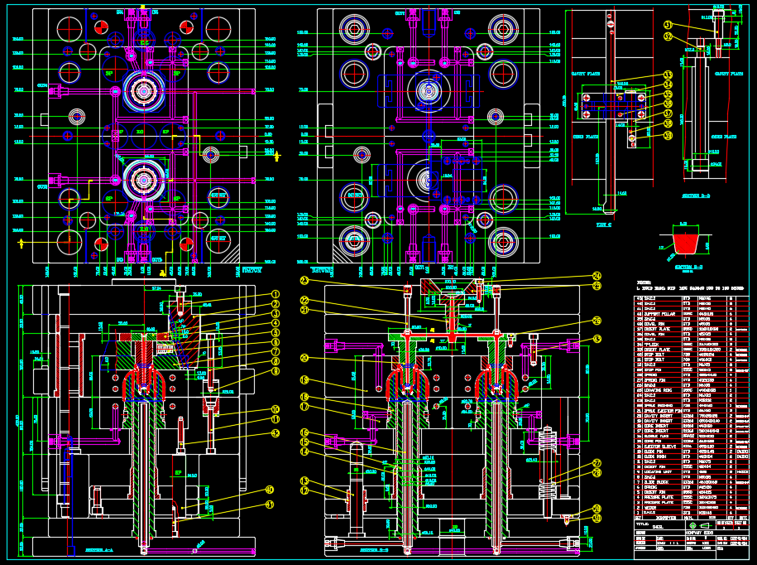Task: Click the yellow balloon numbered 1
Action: pos(275,294)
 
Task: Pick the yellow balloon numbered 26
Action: pos(596,321)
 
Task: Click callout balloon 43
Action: pos(596,339)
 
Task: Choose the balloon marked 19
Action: pos(304,380)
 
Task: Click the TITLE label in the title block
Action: pos(643,525)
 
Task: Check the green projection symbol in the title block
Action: pos(692,525)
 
